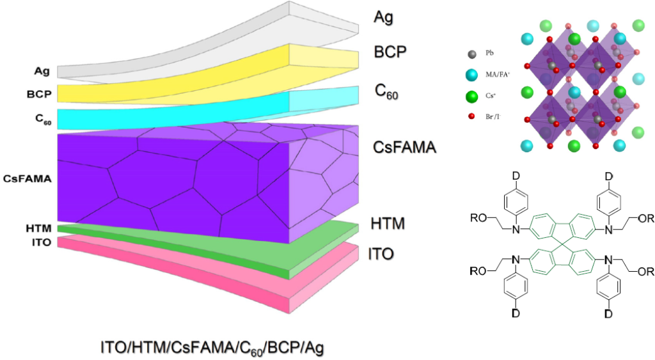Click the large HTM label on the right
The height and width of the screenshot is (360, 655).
[x=388, y=224]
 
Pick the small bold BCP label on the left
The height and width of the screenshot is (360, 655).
[x=40, y=93]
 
